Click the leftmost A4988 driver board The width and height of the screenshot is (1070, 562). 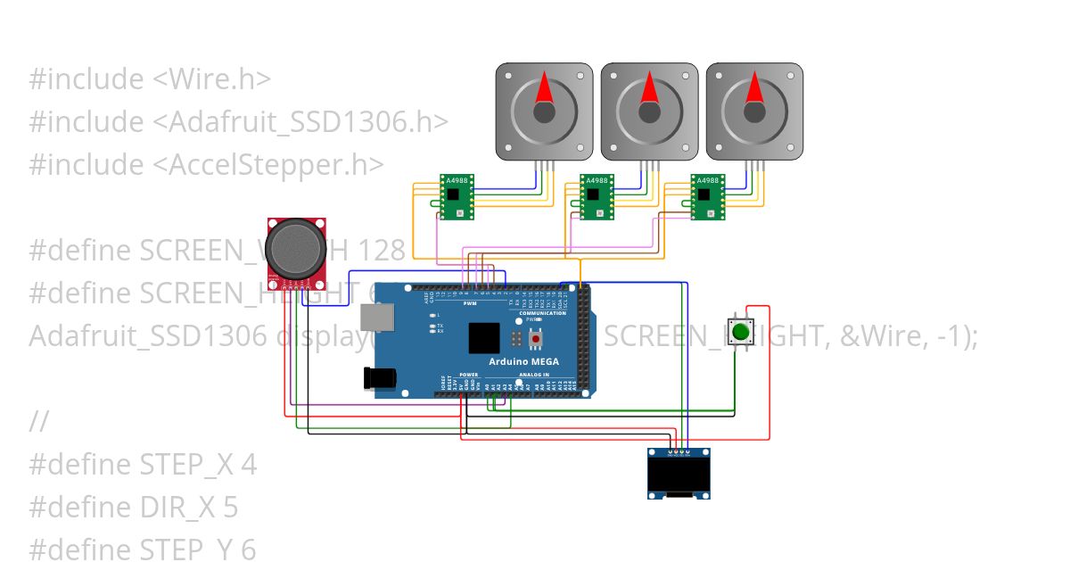[457, 196]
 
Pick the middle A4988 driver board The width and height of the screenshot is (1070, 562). [597, 196]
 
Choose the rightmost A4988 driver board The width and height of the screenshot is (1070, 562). [708, 196]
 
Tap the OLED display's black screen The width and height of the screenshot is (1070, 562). [679, 475]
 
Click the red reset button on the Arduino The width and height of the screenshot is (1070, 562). [535, 339]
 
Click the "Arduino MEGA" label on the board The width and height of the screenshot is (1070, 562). [524, 361]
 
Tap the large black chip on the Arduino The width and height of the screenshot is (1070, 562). [484, 338]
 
